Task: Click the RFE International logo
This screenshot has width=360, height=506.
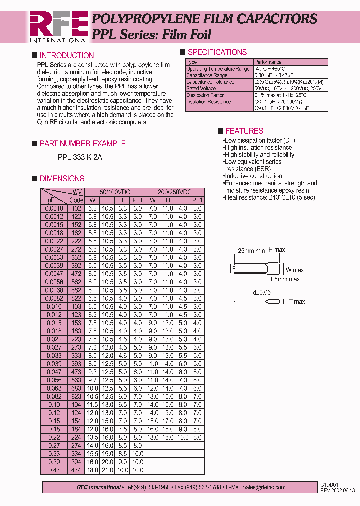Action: (59, 26)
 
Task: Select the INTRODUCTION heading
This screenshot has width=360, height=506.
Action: (66, 56)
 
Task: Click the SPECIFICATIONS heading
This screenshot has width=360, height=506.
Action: (217, 52)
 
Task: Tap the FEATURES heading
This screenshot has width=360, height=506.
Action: (244, 131)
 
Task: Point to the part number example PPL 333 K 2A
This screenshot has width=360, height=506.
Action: (80, 158)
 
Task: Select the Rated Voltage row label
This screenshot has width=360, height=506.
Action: (201, 88)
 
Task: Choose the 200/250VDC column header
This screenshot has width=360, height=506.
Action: (174, 192)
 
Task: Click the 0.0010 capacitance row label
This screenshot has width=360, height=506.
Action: (54, 209)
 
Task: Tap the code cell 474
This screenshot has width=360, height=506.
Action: (76, 470)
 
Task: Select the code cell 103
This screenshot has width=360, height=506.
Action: (76, 306)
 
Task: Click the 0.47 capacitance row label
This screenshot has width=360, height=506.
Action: (54, 470)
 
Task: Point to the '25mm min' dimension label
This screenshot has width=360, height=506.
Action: (251, 251)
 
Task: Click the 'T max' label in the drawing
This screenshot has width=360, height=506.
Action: (296, 302)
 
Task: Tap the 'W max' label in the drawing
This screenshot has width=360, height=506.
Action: (294, 270)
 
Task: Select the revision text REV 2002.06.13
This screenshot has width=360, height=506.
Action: (337, 490)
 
